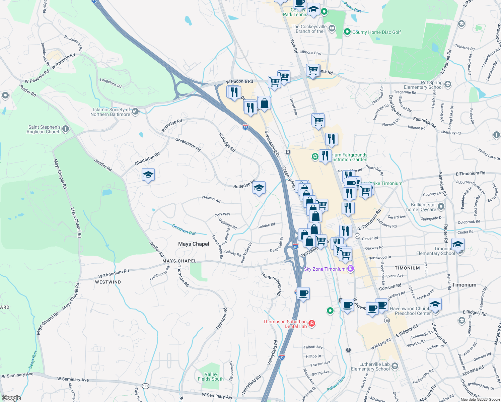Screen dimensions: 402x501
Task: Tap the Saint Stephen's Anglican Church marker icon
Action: [x=66, y=129]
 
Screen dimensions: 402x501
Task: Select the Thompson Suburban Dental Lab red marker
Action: [x=312, y=323]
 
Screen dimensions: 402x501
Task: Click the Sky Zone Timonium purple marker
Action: [x=351, y=269]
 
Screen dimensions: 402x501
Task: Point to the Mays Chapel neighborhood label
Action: [x=194, y=244]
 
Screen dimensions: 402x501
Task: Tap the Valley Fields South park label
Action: [x=211, y=377]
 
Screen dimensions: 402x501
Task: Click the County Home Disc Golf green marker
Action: [x=347, y=32]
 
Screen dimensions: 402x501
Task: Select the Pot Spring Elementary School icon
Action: [x=448, y=84]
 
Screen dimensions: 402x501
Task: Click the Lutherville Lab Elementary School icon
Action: [x=395, y=366]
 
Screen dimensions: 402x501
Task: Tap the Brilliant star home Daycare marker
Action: [x=441, y=207]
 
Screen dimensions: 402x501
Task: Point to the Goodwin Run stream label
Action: [x=184, y=229]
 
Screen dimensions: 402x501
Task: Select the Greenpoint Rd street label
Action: [x=188, y=144]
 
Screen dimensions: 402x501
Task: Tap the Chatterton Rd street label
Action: [x=147, y=159]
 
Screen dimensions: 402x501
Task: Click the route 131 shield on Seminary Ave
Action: [x=145, y=386]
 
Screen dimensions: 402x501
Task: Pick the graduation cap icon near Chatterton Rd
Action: [x=148, y=175]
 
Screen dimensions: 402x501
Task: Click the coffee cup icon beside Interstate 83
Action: [x=303, y=293]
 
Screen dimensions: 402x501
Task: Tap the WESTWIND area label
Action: [x=108, y=282]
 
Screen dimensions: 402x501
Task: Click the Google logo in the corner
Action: [x=11, y=398]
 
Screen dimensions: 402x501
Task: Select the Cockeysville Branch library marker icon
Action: [x=332, y=28]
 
